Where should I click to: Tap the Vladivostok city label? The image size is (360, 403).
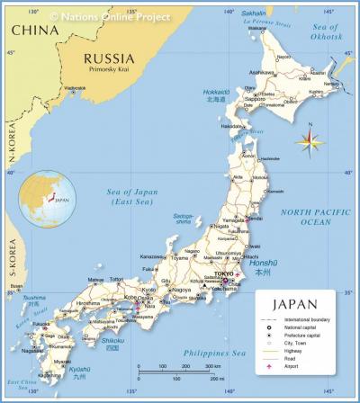74,87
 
